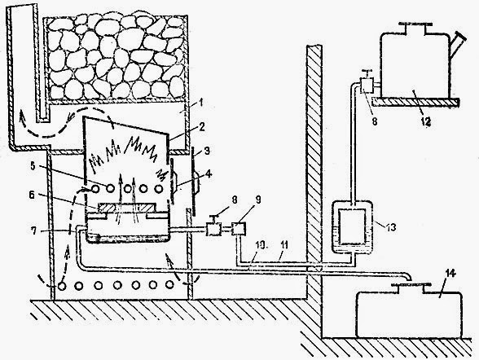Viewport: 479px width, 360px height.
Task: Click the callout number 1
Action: tap(200, 103)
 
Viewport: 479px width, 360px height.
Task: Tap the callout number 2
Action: tap(200, 126)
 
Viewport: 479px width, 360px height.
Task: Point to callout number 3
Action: tap(208, 151)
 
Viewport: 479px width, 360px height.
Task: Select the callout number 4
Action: tap(209, 174)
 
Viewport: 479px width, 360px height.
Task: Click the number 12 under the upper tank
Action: tap(426, 121)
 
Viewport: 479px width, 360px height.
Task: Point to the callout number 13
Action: tap(391, 227)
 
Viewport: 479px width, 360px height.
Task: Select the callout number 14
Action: tap(450, 274)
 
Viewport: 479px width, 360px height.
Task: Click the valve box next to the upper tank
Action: tap(367, 86)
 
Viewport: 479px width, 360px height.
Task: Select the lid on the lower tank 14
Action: tap(411, 285)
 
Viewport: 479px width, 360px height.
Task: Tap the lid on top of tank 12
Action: tap(415, 24)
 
